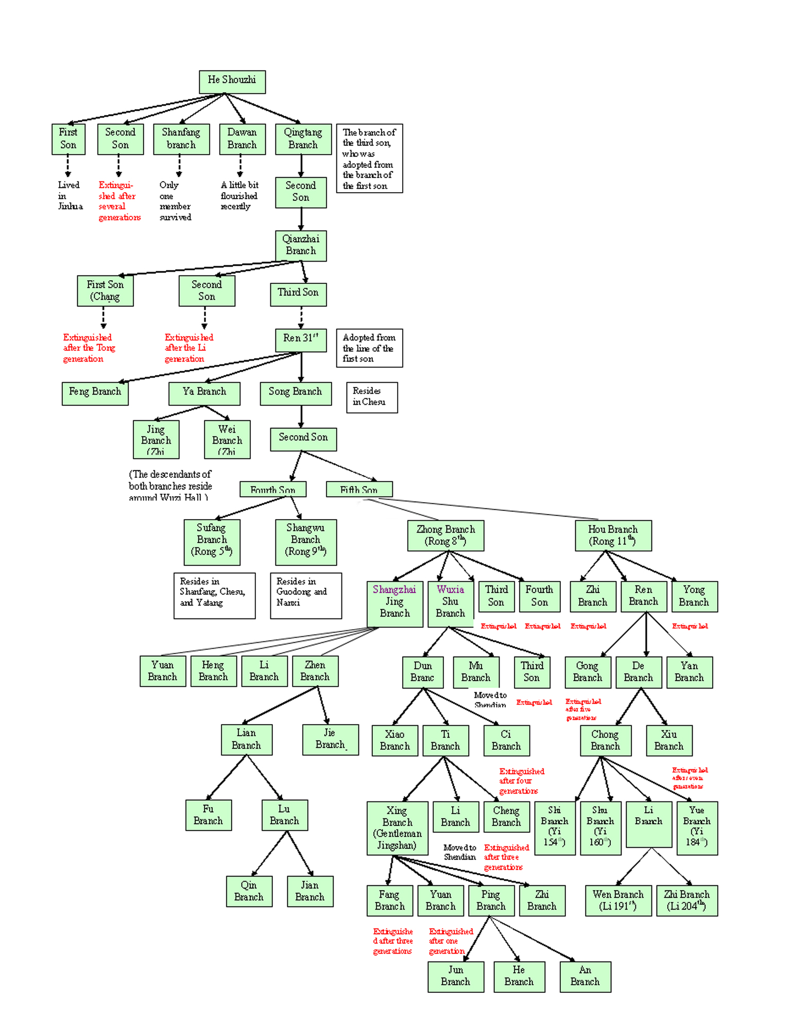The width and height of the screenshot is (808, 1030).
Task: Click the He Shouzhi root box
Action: coord(232,81)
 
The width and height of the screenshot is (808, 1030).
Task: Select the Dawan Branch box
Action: coord(242,139)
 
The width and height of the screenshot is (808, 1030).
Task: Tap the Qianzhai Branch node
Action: coord(301,245)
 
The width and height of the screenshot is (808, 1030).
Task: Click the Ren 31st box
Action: coord(301,339)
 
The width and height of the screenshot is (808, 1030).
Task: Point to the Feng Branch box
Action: coord(95,393)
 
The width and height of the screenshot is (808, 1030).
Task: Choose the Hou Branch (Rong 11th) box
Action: coord(613,535)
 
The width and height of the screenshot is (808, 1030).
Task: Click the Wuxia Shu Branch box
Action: coord(450,603)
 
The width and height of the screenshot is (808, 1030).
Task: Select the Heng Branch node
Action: coord(213,671)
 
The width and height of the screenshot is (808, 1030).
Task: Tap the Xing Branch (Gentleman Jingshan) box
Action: coord(397,828)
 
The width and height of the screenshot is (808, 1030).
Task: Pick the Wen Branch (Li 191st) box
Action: coord(618,900)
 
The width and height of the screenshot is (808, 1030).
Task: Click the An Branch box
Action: coord(585,976)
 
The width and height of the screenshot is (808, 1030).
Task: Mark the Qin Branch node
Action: coord(249,891)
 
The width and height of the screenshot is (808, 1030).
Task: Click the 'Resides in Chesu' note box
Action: coord(371,397)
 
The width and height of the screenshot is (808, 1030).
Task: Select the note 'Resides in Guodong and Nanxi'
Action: coord(305,595)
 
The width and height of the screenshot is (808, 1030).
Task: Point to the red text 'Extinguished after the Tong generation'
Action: coord(89,348)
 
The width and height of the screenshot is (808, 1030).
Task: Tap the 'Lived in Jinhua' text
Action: coord(69,196)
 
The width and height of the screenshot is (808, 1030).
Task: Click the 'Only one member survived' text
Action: coord(175,201)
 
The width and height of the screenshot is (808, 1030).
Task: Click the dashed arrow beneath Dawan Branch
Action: coord(240,165)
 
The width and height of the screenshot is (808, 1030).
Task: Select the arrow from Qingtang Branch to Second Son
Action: coord(301,165)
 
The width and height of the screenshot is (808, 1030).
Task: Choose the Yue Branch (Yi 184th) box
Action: coord(697,827)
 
